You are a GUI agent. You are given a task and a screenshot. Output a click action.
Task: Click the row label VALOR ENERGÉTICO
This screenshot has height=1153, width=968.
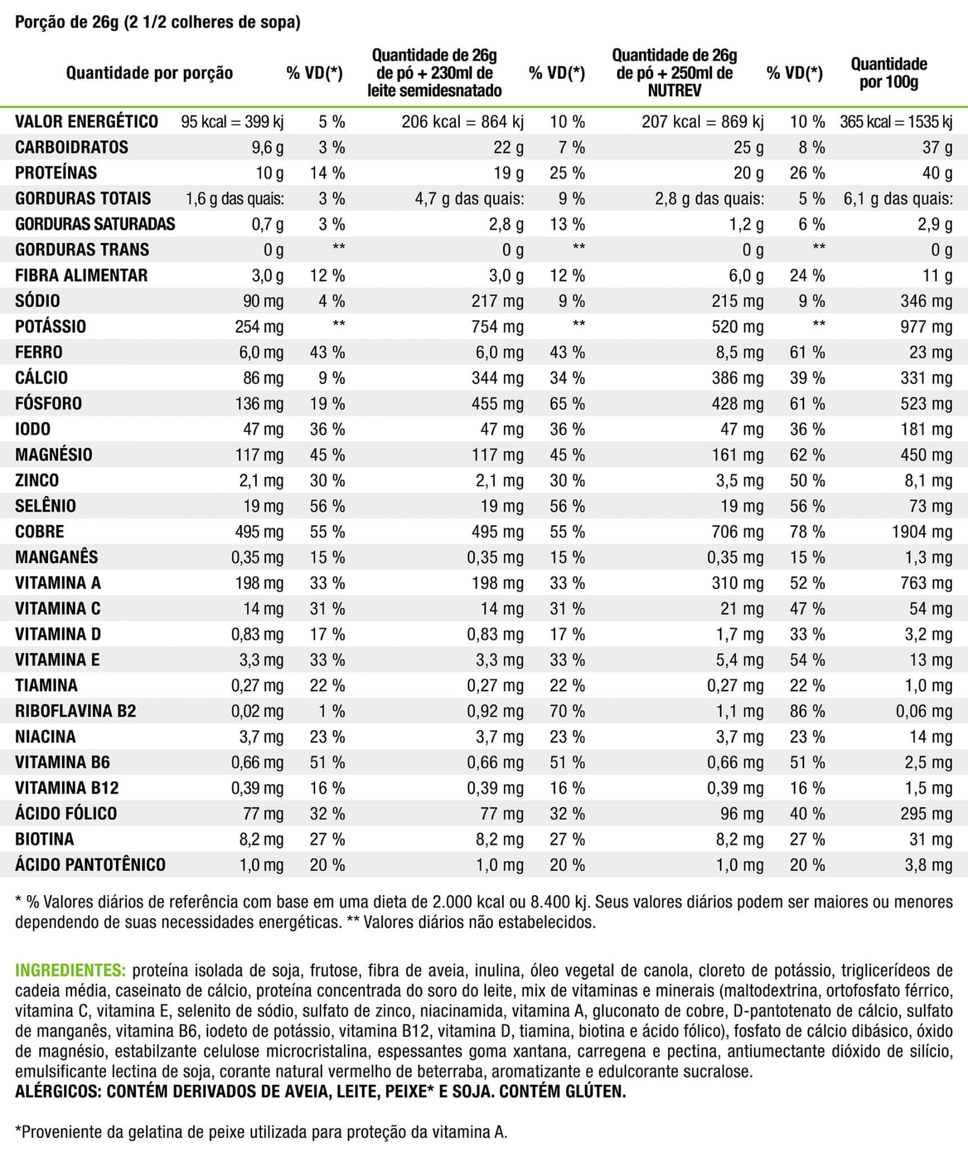(87, 122)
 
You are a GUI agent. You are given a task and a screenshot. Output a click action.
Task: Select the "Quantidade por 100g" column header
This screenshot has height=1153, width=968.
(889, 73)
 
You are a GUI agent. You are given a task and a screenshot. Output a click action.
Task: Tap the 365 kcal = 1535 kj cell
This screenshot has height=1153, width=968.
(896, 122)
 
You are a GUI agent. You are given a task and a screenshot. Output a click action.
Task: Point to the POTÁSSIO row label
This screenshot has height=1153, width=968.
(51, 327)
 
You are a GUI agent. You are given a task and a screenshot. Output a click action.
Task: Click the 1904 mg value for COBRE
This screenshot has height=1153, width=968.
(922, 531)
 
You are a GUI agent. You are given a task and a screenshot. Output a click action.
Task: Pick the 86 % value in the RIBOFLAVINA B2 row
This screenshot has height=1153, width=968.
(807, 711)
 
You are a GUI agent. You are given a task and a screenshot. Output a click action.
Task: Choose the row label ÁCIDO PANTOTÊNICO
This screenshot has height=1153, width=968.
(91, 865)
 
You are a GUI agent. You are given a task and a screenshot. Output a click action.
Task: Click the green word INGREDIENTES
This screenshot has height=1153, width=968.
(70, 971)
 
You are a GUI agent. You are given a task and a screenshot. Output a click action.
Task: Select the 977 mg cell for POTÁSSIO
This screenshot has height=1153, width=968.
(926, 327)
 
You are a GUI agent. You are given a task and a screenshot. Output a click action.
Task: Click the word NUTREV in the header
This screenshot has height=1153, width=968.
(674, 91)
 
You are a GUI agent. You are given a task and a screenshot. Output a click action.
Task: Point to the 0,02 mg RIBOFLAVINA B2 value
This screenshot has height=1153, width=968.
(257, 711)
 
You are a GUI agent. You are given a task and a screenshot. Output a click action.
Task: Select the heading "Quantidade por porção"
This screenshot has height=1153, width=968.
(149, 73)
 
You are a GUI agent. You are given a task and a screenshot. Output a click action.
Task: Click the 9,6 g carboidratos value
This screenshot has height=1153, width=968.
(267, 148)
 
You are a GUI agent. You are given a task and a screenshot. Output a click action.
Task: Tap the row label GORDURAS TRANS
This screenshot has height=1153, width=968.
(82, 249)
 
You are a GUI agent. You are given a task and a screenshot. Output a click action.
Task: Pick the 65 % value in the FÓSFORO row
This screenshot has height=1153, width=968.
(567, 404)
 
